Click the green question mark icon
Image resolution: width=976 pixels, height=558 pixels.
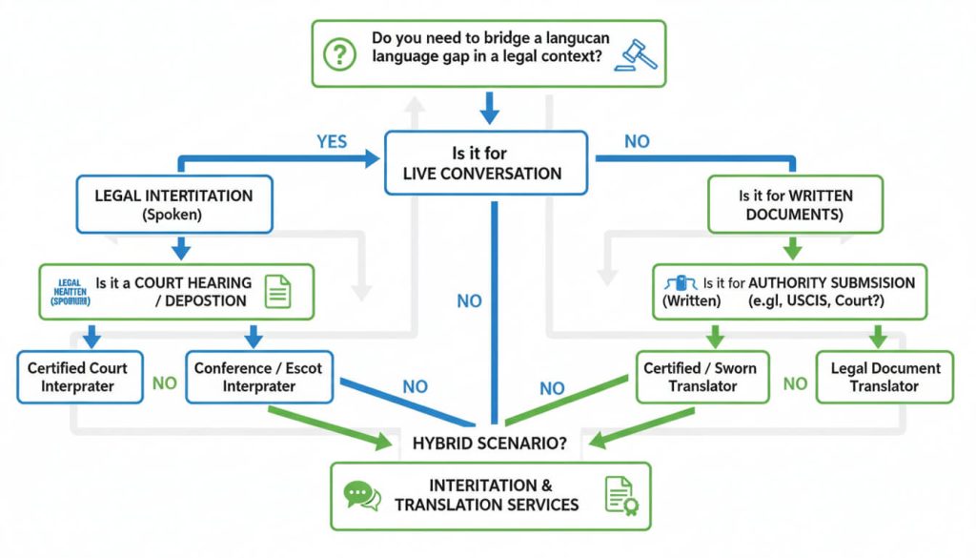[338, 55]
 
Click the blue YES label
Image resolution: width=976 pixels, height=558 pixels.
[332, 142]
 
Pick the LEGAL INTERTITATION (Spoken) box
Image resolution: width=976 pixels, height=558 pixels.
[173, 205]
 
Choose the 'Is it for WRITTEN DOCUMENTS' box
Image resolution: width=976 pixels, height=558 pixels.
[796, 205]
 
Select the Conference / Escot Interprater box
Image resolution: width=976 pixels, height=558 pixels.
[258, 377]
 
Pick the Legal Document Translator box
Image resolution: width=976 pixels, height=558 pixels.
[885, 377]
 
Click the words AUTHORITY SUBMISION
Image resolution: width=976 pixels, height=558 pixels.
[832, 282]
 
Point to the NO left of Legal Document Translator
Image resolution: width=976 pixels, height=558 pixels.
[795, 383]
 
